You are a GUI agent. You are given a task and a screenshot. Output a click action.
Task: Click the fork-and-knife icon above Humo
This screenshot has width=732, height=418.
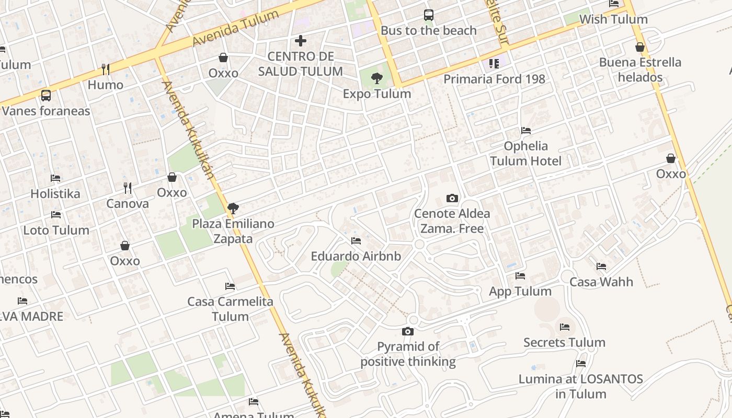pyautogui.click(x=105, y=69)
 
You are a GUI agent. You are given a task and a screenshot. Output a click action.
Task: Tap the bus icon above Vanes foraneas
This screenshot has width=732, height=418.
pyautogui.click(x=46, y=96)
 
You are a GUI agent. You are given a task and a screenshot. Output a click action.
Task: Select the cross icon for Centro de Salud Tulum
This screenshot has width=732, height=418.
pyautogui.click(x=301, y=40)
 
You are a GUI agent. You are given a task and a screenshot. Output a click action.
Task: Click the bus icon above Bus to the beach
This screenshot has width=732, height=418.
pyautogui.click(x=429, y=15)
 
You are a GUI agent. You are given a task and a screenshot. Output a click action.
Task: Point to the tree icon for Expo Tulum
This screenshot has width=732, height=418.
pyautogui.click(x=376, y=79)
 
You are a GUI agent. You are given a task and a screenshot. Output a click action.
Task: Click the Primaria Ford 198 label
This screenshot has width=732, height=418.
pyautogui.click(x=494, y=79)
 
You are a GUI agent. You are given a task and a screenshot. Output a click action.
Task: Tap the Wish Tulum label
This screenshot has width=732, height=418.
pyautogui.click(x=613, y=19)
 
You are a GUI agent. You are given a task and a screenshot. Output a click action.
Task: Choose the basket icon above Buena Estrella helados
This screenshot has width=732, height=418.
pyautogui.click(x=640, y=47)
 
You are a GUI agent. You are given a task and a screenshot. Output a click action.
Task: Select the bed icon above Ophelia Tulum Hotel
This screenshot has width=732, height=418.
pyautogui.click(x=526, y=130)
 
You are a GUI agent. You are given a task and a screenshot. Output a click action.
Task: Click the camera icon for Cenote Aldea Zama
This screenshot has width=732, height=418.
pyautogui.click(x=452, y=198)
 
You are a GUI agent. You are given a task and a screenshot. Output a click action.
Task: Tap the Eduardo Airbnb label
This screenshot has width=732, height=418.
pyautogui.click(x=356, y=256)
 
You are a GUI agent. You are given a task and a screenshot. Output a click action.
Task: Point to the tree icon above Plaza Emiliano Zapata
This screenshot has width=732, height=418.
pyautogui.click(x=233, y=208)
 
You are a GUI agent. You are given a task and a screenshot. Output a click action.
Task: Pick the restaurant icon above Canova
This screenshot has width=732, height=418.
pyautogui.click(x=127, y=188)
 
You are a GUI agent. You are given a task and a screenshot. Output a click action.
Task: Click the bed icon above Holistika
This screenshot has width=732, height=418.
pyautogui.click(x=55, y=178)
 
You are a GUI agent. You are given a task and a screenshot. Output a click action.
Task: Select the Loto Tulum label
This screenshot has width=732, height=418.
pyautogui.click(x=56, y=230)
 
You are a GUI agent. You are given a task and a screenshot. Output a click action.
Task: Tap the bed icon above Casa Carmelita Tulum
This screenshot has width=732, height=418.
pyautogui.click(x=230, y=286)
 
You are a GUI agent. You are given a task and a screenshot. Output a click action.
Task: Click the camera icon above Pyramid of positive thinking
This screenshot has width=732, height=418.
pyautogui.click(x=408, y=331)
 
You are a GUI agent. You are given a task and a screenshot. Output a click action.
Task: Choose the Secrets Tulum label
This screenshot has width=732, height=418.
pyautogui.click(x=564, y=342)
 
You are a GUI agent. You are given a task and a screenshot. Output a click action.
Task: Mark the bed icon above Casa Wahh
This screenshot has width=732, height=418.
pyautogui.click(x=601, y=266)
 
